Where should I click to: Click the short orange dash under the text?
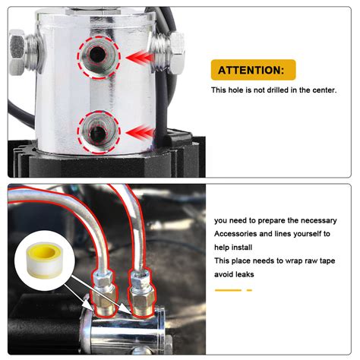(x=249, y=290)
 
